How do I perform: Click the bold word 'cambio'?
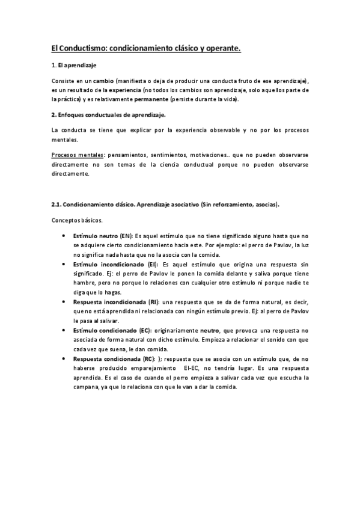pyautogui.click(x=103, y=81)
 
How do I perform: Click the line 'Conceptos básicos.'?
pyautogui.click(x=77, y=220)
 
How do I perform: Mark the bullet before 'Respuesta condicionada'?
pyautogui.click(x=64, y=358)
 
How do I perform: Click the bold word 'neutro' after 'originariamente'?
pyautogui.click(x=210, y=330)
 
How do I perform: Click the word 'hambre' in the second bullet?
pyautogui.click(x=84, y=283)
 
